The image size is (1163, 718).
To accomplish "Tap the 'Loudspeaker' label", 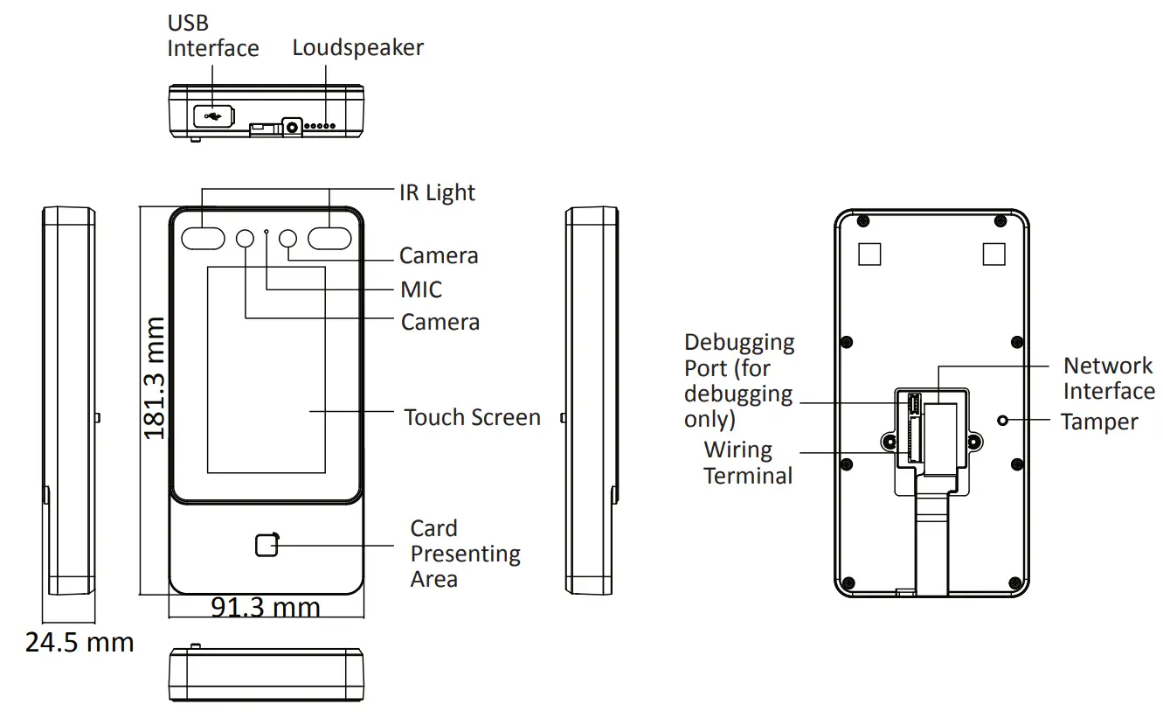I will [357, 47].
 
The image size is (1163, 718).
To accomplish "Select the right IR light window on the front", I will [329, 237].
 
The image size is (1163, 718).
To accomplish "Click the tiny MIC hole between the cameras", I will [267, 232].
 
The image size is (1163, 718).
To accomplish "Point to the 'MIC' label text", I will [421, 289].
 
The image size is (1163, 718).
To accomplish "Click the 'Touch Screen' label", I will [472, 417].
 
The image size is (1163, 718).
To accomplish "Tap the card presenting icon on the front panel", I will [267, 544].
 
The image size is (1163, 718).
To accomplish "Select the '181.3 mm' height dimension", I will [154, 378].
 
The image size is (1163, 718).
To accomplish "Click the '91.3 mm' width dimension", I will [266, 606].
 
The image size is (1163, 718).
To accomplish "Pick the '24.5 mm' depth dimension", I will [80, 643].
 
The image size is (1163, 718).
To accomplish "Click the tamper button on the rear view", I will [1004, 420].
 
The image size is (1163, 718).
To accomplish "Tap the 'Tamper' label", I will [1098, 422].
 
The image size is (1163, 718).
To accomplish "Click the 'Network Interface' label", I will [1108, 378].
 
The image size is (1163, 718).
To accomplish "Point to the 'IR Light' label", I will [437, 192].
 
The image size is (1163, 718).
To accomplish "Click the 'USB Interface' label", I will [212, 36].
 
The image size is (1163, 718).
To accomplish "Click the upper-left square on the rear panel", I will [869, 254].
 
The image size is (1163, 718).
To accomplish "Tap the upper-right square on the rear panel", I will [993, 254].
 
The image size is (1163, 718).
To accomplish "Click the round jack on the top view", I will [292, 127].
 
